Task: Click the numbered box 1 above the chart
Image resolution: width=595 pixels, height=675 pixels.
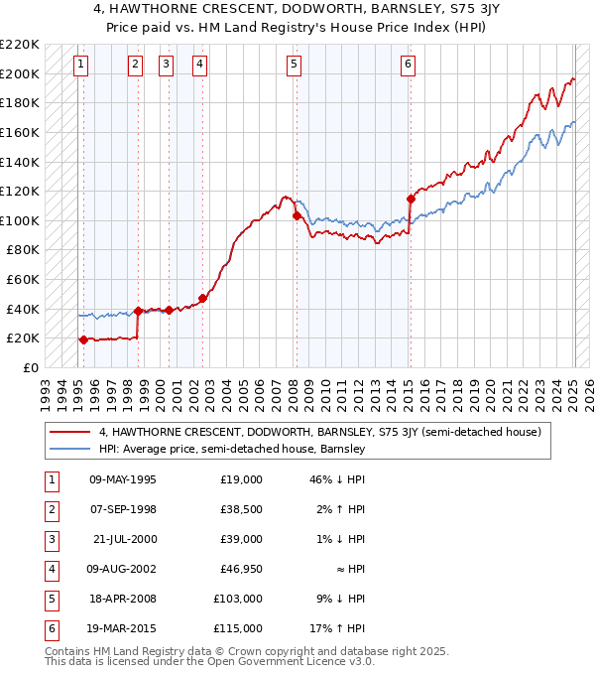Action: pyautogui.click(x=80, y=65)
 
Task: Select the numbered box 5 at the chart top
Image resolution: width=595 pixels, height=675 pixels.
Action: pyautogui.click(x=295, y=65)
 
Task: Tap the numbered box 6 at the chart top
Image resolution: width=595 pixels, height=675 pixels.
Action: pyautogui.click(x=408, y=65)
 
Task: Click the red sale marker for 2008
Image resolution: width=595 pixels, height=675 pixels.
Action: pyautogui.click(x=297, y=215)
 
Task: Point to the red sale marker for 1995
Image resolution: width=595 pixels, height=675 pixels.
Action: pyautogui.click(x=83, y=339)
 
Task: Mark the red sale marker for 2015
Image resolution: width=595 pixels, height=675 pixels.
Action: pyautogui.click(x=411, y=199)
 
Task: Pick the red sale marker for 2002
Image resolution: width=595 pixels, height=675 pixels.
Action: pyautogui.click(x=202, y=298)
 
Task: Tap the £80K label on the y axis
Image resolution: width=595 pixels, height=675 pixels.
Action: pyautogui.click(x=23, y=250)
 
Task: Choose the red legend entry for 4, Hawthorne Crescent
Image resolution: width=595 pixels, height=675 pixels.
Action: pyautogui.click(x=318, y=432)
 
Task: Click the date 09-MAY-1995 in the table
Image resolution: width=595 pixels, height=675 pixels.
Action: pyautogui.click(x=122, y=479)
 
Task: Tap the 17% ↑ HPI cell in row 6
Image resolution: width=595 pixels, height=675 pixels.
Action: pyautogui.click(x=339, y=628)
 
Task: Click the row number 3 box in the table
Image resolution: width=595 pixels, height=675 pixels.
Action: pyautogui.click(x=51, y=539)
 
